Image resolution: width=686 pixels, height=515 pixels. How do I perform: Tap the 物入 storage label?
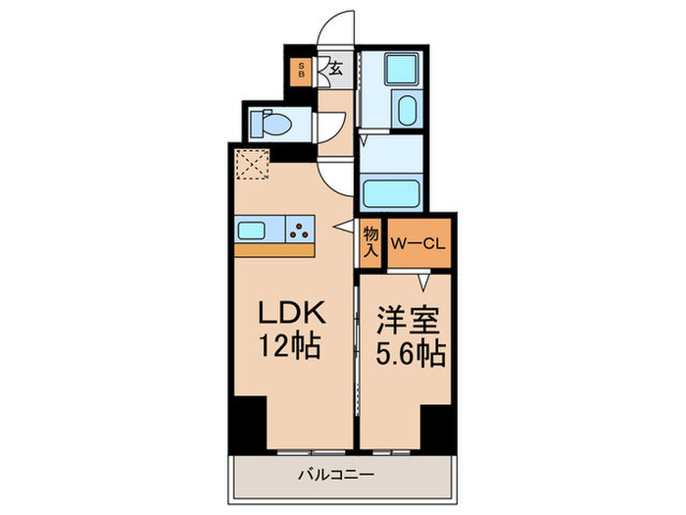click(370, 241)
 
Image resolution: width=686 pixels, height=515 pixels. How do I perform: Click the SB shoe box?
click(302, 71)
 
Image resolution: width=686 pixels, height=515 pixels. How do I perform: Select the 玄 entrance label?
click(335, 70)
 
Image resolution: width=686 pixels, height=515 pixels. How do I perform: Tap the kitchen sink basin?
click(258, 230)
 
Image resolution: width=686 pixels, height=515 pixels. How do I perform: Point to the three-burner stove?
click(300, 230)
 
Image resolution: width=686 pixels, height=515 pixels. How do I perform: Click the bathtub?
click(390, 189)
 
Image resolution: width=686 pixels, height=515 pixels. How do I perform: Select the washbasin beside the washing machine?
click(404, 111)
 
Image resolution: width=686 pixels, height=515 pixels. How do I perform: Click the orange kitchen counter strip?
click(273, 249)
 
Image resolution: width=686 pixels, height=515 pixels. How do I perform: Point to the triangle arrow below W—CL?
click(423, 283)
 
